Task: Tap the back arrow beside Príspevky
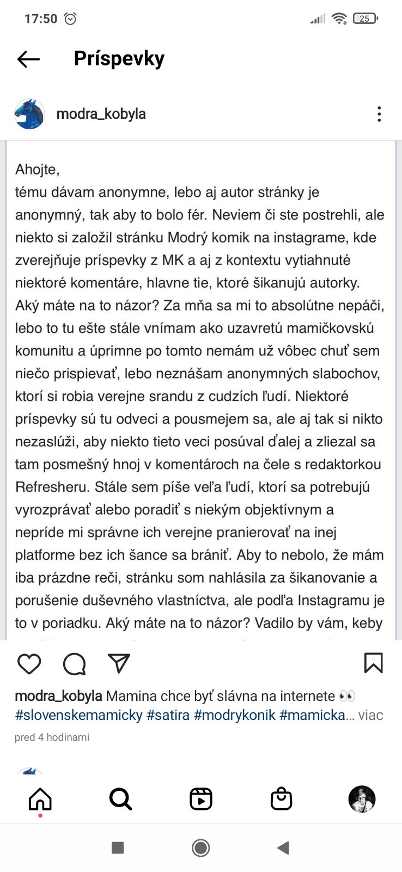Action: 28,59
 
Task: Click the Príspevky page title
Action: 119,58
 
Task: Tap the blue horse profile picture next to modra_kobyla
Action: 29,114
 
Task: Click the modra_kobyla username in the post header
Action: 101,114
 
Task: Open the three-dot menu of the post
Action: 379,114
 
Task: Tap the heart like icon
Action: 29,664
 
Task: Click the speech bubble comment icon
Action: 74,664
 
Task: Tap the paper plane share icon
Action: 119,663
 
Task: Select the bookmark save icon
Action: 373,663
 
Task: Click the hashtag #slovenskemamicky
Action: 79,715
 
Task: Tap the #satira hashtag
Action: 168,715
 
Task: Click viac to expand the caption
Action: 370,715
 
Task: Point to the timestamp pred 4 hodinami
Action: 52,737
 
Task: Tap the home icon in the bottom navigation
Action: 40,800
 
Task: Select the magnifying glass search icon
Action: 120,800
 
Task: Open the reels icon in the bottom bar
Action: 201,800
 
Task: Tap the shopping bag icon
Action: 281,800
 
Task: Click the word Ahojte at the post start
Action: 37,169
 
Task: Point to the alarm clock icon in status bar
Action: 70,19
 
